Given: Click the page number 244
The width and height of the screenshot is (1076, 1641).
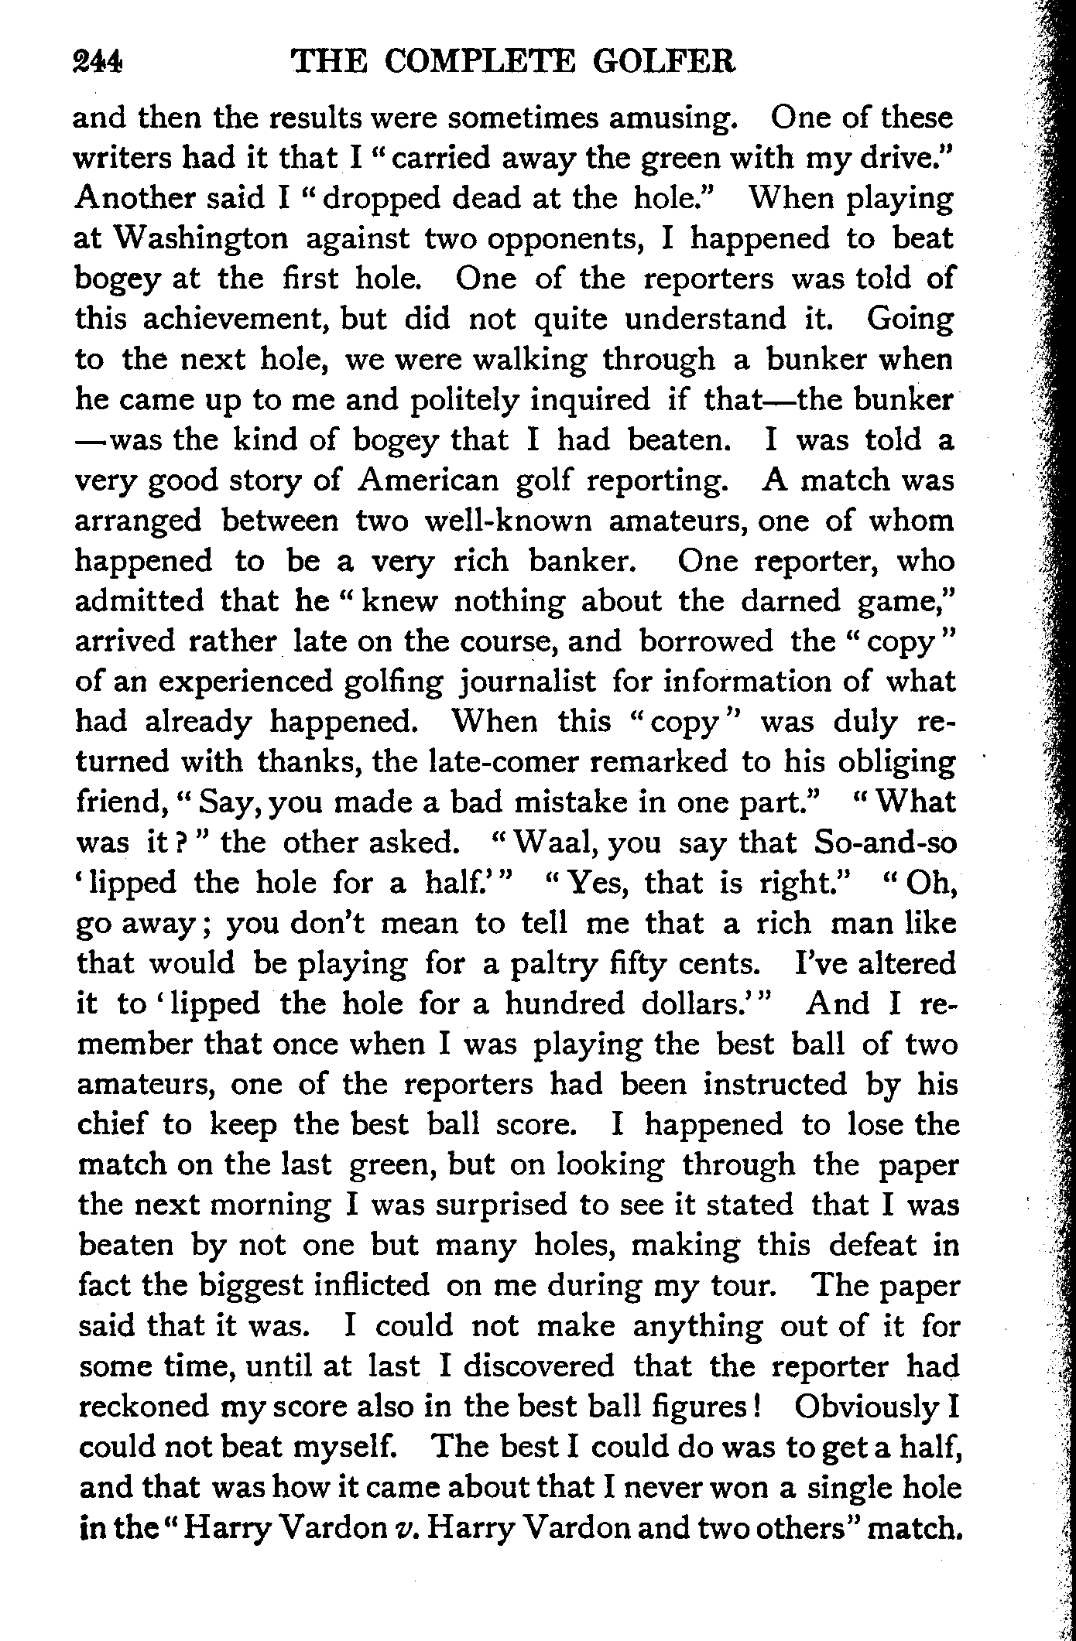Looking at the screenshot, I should (x=98, y=61).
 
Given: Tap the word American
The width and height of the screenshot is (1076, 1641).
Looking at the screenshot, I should (x=430, y=480).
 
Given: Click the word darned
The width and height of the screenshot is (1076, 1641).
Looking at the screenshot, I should (x=790, y=601).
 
